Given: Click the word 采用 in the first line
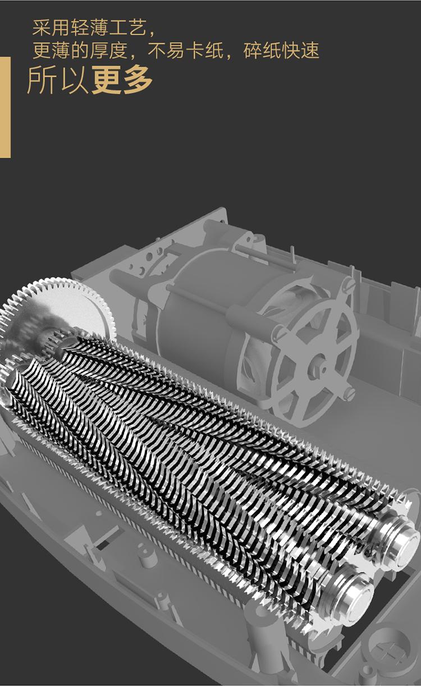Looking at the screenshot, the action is [51, 29].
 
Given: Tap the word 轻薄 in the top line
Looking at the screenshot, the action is [89, 29].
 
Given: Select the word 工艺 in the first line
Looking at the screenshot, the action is [128, 29].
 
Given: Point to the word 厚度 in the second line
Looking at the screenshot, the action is [108, 50].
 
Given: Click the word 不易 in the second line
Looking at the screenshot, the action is [166, 50].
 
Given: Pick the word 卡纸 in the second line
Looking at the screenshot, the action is [205, 50].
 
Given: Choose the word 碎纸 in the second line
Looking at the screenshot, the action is [262, 50].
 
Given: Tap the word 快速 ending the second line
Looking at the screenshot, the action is [301, 50].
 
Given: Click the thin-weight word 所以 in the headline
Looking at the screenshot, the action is [58, 80].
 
